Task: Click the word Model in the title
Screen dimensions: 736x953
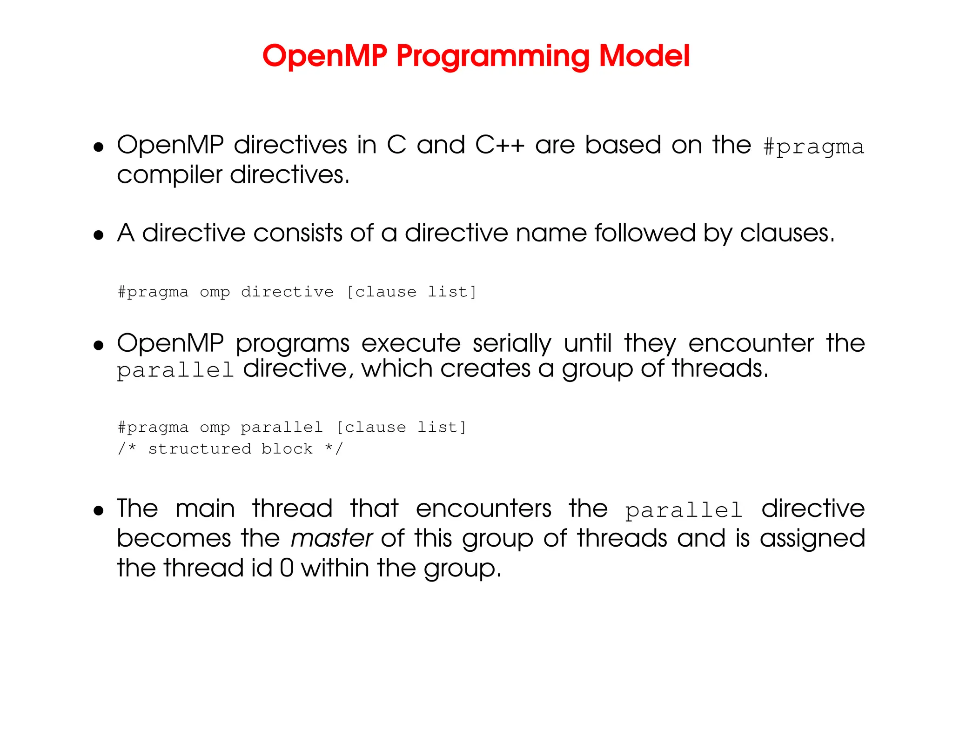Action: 644,56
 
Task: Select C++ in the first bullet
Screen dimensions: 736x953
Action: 500,145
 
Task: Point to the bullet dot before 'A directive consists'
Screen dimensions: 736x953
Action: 98,235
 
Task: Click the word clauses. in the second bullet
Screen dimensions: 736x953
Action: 787,234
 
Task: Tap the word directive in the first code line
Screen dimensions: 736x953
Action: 287,292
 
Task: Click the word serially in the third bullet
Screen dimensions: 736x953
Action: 512,344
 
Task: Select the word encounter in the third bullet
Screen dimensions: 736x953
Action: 751,344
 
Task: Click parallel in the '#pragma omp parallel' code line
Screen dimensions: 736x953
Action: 282,428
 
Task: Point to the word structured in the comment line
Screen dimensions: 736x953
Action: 200,449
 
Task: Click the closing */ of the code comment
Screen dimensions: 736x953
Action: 334,449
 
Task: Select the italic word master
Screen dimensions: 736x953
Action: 331,539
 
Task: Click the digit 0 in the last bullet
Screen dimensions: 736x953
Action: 287,569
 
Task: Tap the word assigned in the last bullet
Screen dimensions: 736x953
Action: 812,539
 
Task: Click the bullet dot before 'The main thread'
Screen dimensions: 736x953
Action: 98,511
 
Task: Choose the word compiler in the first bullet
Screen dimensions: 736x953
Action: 169,176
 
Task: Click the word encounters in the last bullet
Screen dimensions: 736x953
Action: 483,509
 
